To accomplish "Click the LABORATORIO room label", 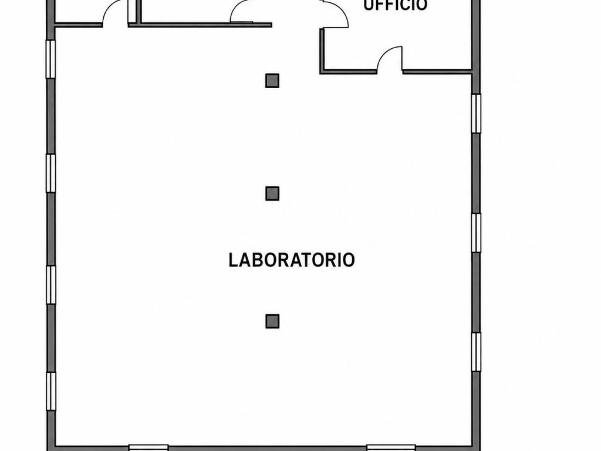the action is (291, 260).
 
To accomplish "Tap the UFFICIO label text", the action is (395, 5).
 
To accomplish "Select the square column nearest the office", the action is (272, 80).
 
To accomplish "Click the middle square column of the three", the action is (272, 193).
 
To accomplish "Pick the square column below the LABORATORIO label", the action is (272, 321).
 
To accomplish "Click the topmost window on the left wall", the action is (51, 59).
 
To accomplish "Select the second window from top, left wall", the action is (51, 173).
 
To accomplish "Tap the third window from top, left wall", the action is (51, 285).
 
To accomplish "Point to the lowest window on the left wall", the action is (51, 391).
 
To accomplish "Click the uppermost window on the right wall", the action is (476, 113).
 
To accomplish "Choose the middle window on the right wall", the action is (476, 233).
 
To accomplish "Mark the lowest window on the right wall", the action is (476, 352).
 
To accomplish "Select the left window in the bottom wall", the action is (148, 447).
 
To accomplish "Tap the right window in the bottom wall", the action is (391, 447).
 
